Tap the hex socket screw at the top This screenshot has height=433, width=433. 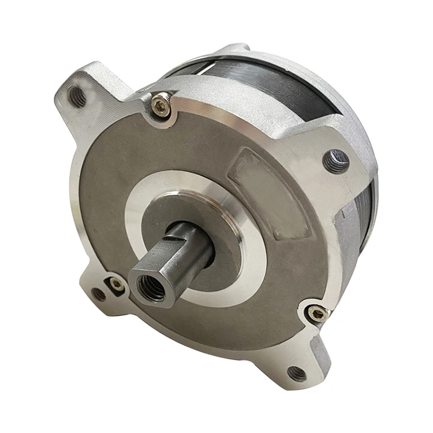(x=161, y=104)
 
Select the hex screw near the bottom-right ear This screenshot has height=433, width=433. (x=317, y=313)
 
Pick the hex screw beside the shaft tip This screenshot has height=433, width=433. (x=117, y=284)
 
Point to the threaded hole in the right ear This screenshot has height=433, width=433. (x=337, y=161)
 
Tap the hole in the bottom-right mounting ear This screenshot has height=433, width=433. (x=297, y=373)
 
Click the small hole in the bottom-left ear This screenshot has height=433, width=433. (x=99, y=294)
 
